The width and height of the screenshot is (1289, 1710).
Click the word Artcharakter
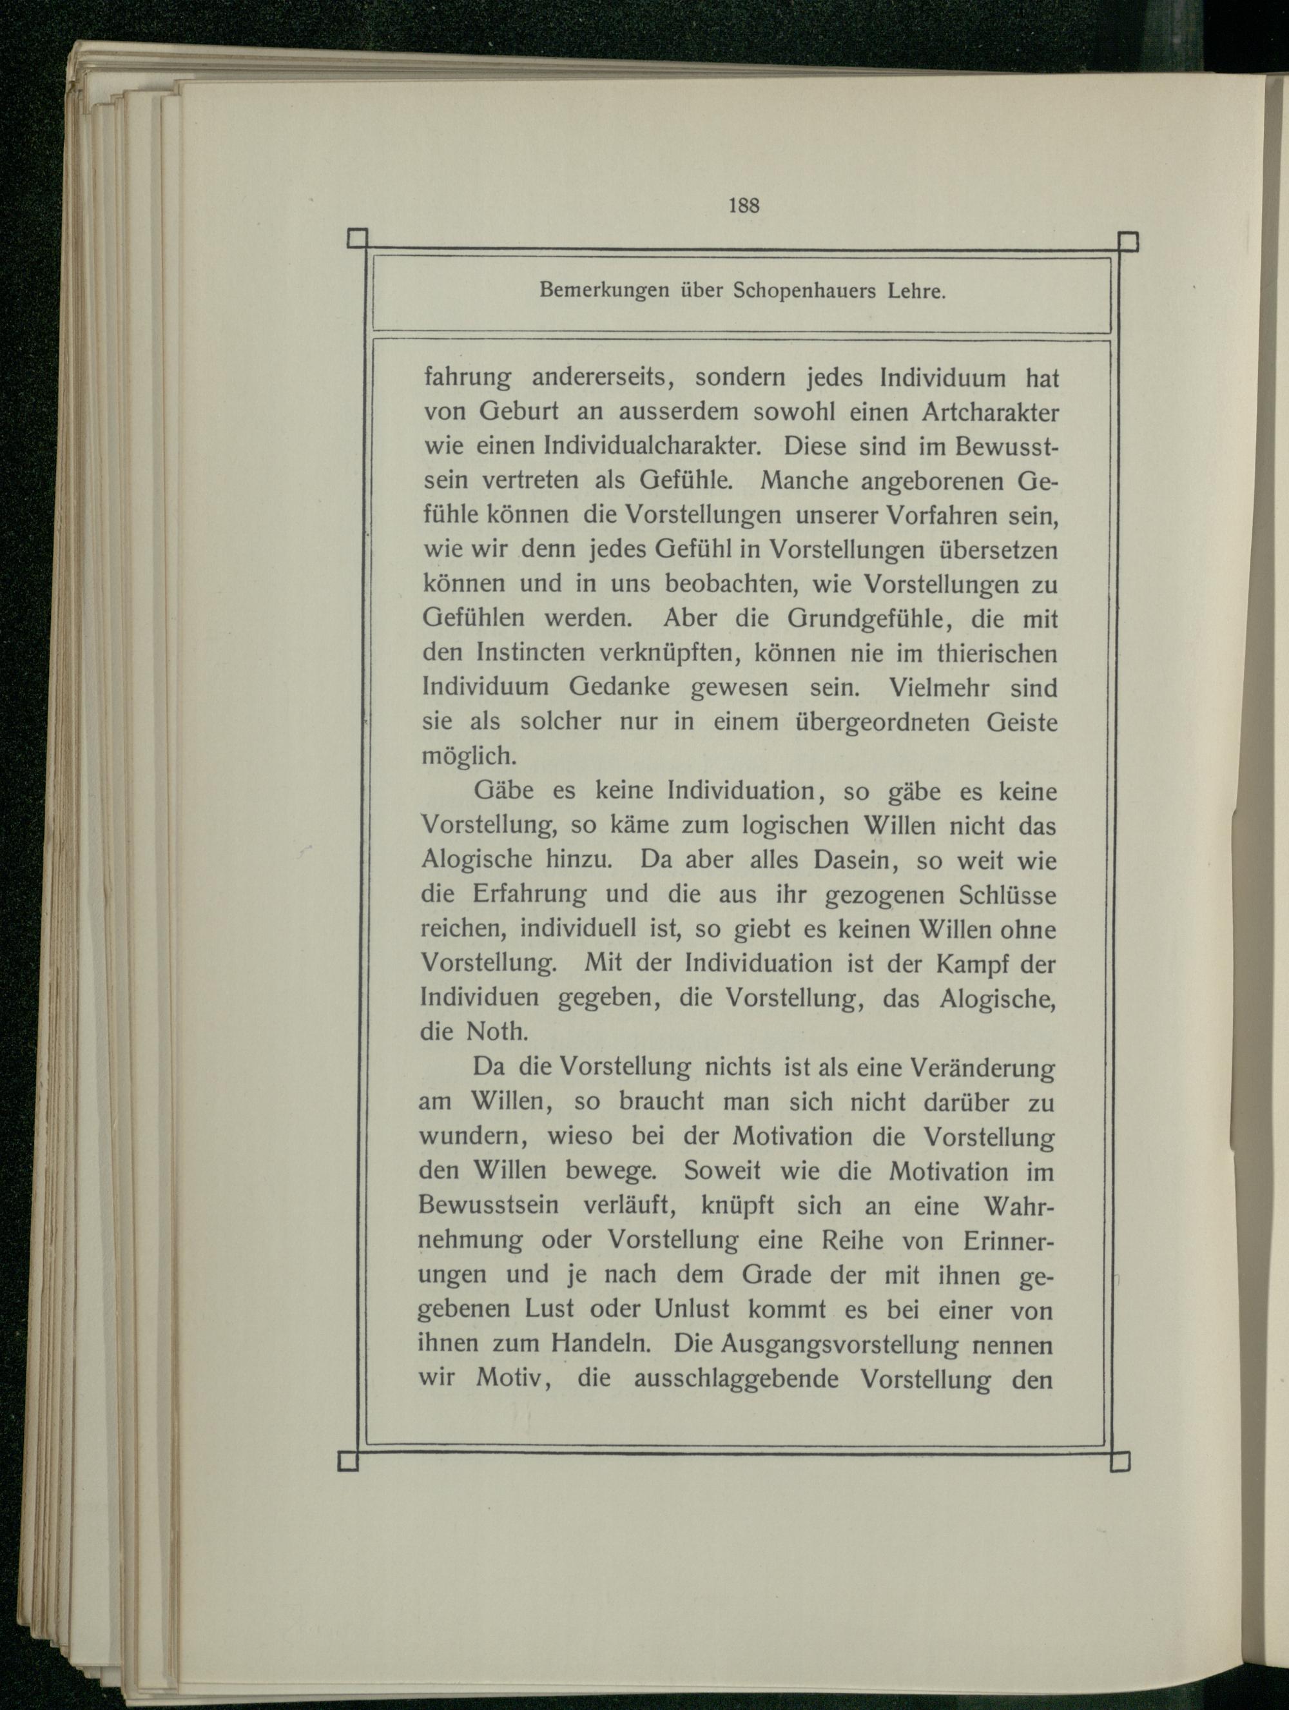(x=990, y=412)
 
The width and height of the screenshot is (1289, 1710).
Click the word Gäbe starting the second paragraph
(x=502, y=791)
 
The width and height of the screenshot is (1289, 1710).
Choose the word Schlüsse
(x=1006, y=895)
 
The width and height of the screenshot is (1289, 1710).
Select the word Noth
(x=496, y=1032)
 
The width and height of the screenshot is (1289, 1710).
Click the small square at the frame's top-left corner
(x=357, y=239)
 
